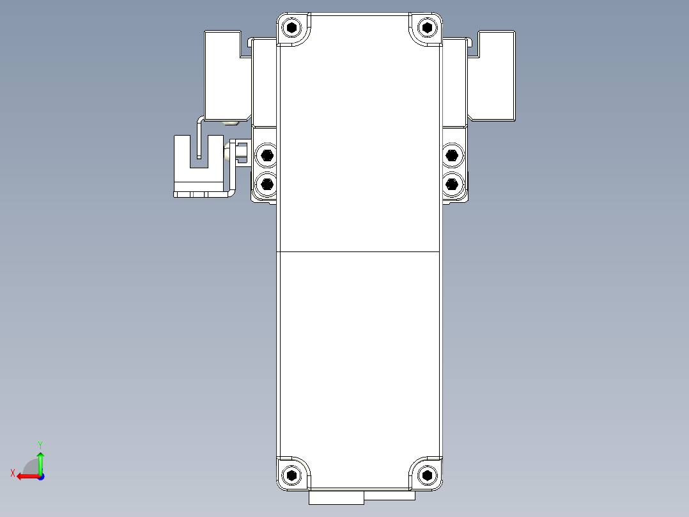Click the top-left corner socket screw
pyautogui.click(x=292, y=28)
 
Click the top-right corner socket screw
pyautogui.click(x=427, y=28)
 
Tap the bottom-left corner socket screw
pyautogui.click(x=292, y=475)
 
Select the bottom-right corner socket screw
pyautogui.click(x=427, y=475)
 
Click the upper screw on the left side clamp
pyautogui.click(x=266, y=155)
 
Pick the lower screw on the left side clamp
pyautogui.click(x=266, y=184)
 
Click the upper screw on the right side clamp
pyautogui.click(x=452, y=155)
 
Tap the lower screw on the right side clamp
pyautogui.click(x=452, y=184)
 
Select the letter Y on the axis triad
pyautogui.click(x=40, y=444)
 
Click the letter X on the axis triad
pyautogui.click(x=12, y=473)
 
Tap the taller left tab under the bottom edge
pyautogui.click(x=336, y=498)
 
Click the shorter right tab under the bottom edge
pyautogui.click(x=390, y=495)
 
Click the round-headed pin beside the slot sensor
pyautogui.click(x=230, y=153)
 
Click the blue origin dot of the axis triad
pyautogui.click(x=40, y=476)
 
